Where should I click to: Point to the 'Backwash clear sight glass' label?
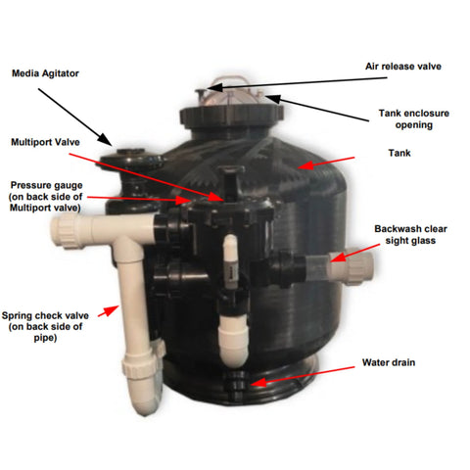412,234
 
